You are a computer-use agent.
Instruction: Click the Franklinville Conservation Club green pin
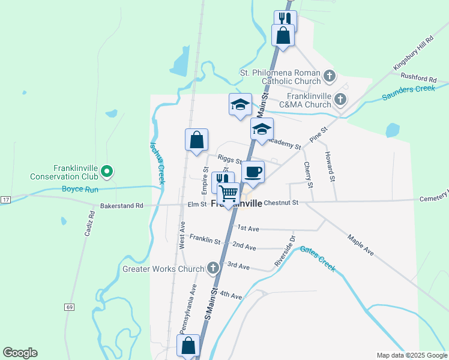coord(107,172)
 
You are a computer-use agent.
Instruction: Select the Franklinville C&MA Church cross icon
coord(340,99)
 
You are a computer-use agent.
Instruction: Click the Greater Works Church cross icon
coord(212,268)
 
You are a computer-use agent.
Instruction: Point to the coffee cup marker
coord(253,172)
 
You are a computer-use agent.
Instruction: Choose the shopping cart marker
coord(228,194)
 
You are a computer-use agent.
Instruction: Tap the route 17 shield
coord(5,199)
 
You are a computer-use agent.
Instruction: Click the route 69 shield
coord(70,307)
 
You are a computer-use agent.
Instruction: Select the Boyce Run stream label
coord(80,189)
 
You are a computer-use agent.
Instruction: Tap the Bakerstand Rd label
coord(122,205)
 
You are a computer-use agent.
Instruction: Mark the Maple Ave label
coord(361,245)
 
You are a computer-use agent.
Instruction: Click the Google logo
coord(20,353)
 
